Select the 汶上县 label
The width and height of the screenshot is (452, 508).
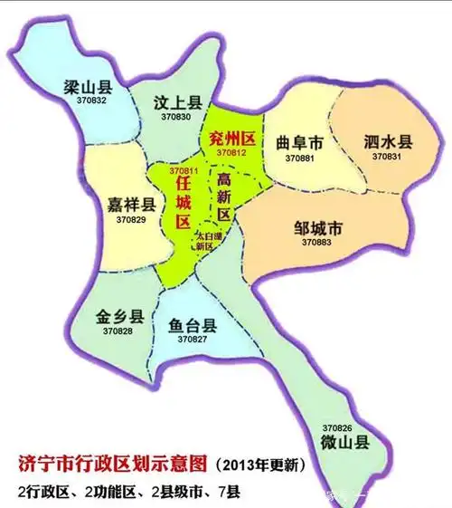pos(175,104)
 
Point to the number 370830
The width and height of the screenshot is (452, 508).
pos(175,118)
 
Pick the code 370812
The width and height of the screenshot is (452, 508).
pos(231,152)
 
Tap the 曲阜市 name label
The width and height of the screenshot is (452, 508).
pos(298,143)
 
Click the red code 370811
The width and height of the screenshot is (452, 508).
pos(184,170)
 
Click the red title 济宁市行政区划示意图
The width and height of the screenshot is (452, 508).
pos(113,464)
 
